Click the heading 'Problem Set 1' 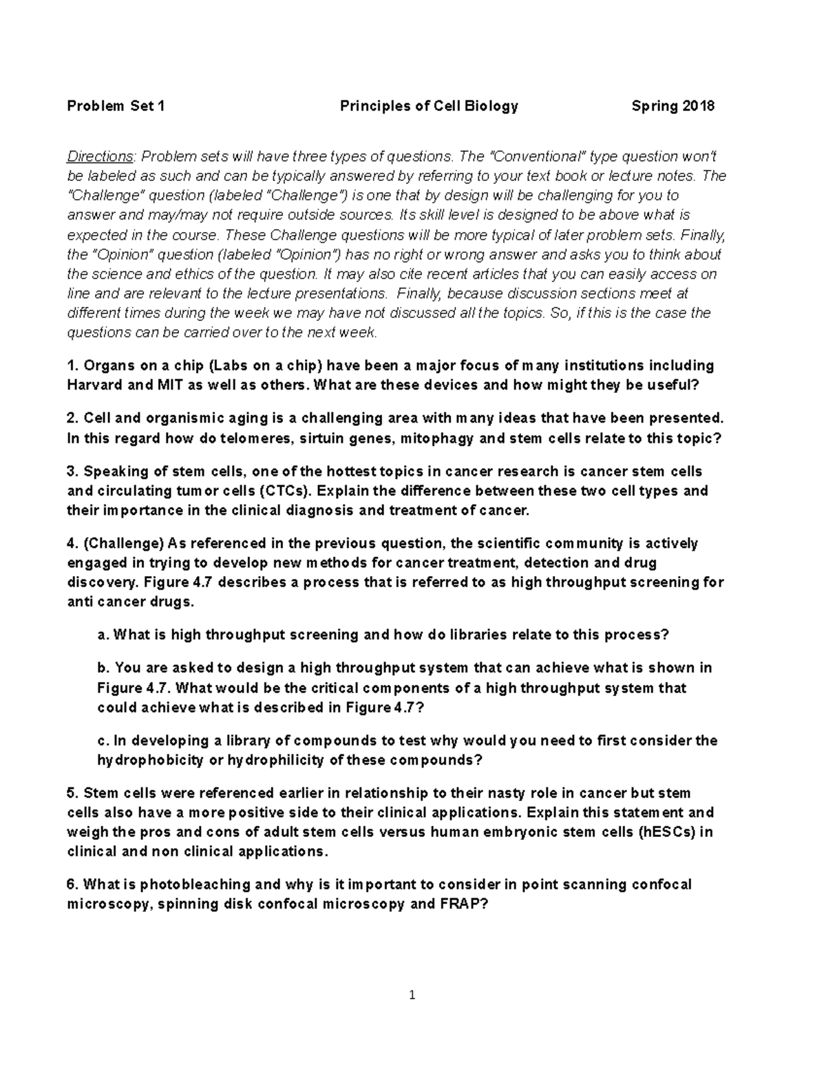pos(116,106)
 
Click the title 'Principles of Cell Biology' pos(429,106)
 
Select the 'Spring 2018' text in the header pos(673,106)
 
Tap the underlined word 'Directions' pos(99,157)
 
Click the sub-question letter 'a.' pos(104,635)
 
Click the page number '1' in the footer pos(412,995)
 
